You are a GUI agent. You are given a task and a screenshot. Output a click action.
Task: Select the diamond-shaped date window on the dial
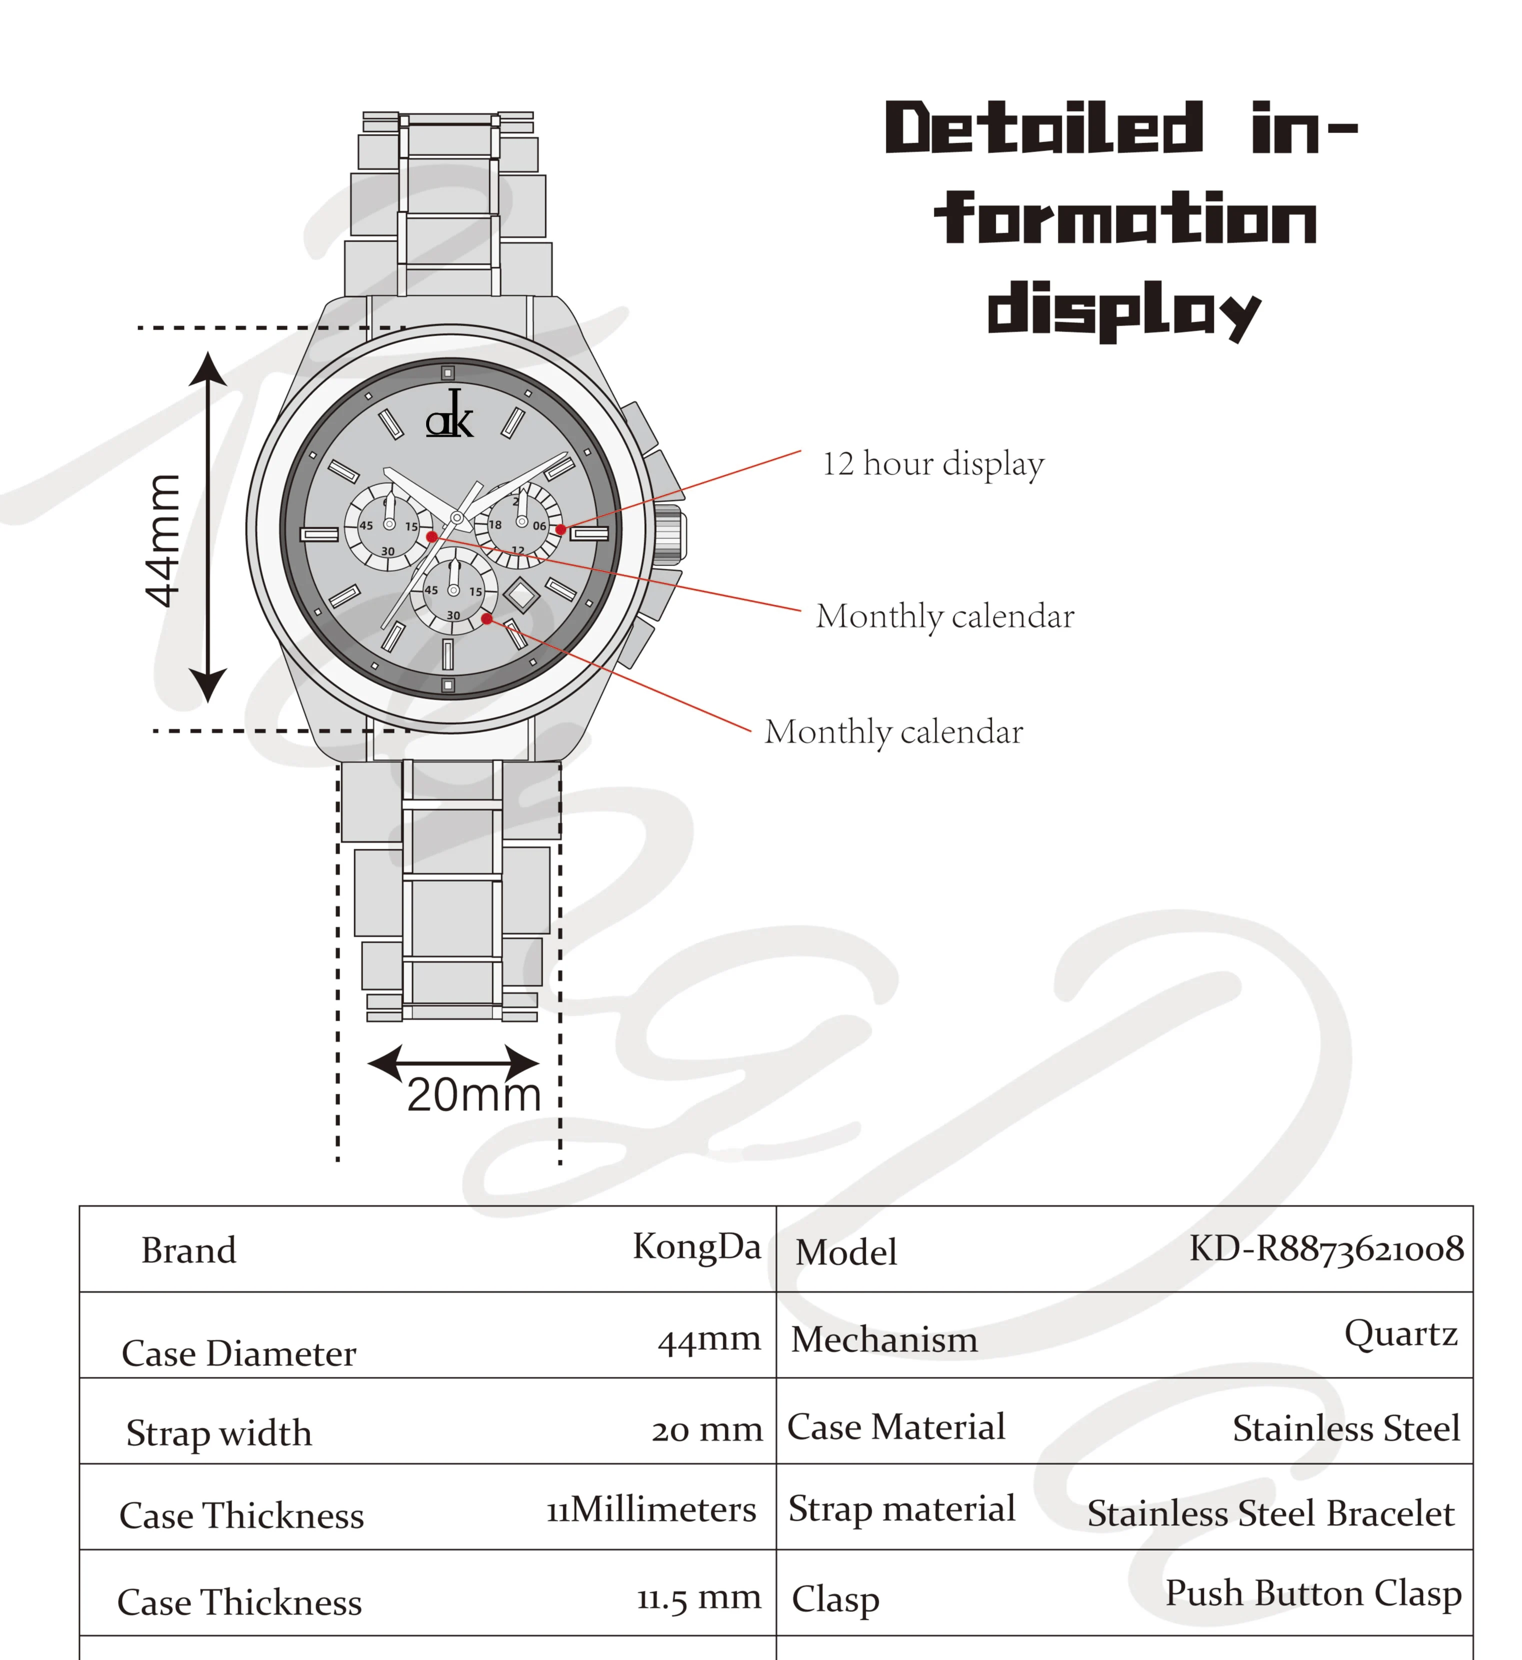521,595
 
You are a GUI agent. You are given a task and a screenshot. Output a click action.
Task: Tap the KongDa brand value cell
696,1246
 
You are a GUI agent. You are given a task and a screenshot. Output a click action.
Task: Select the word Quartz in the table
1400,1333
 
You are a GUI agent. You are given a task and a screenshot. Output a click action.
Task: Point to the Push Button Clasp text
1313,1593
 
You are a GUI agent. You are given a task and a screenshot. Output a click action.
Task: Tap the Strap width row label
219,1433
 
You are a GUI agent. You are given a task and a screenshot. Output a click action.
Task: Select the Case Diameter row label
239,1353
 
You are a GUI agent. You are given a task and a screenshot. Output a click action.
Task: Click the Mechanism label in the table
884,1339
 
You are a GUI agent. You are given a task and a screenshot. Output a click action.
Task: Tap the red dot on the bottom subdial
487,618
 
